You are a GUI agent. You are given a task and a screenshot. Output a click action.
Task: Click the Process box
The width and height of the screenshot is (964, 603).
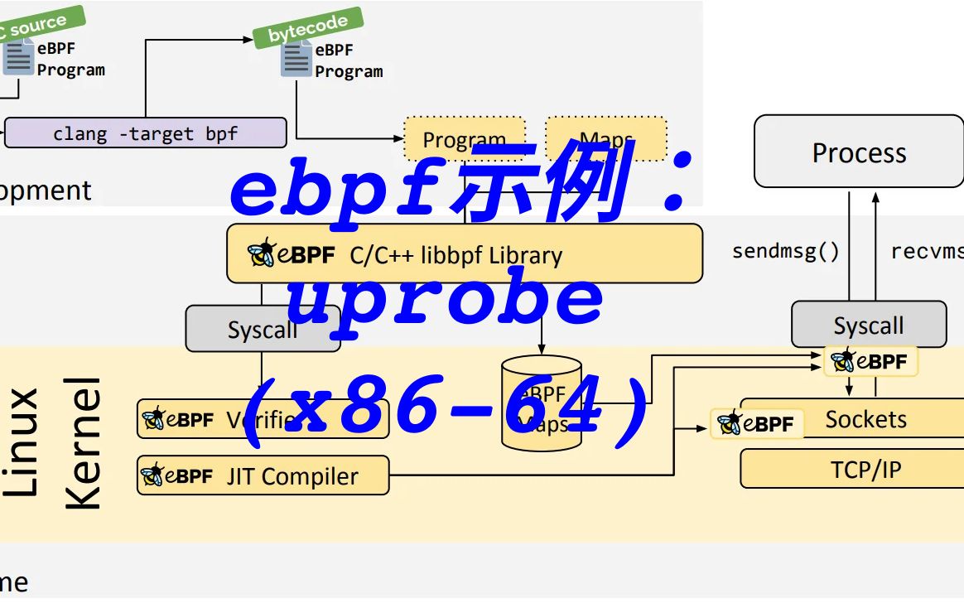coord(859,152)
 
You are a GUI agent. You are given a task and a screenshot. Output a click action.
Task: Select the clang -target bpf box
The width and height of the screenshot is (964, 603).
coord(146,133)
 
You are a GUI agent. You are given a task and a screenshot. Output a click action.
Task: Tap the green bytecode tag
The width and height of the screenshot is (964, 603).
coord(308,27)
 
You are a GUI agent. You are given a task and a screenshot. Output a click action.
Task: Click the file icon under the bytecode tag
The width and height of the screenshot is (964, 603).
coord(296,59)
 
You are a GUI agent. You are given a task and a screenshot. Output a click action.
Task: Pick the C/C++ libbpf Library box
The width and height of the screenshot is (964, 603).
coord(464,254)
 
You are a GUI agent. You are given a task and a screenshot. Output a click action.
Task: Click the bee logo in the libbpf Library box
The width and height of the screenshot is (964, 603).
coord(262,253)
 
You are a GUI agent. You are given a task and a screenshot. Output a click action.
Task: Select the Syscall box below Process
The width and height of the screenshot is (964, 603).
coord(868,325)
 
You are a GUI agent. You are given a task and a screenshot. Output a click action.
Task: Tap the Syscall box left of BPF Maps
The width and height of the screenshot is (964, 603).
coord(262,329)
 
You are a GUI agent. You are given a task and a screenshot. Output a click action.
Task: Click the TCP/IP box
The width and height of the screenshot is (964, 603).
coord(865,470)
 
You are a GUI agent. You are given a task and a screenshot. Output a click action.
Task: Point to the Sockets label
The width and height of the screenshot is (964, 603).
coord(865,419)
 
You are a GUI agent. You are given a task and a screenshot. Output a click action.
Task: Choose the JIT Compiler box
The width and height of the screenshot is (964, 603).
coord(263,476)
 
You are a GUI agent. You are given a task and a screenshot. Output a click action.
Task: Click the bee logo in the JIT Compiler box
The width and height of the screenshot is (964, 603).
coord(153,475)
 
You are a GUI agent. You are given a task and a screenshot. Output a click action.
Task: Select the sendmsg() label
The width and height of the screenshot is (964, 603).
coord(785,251)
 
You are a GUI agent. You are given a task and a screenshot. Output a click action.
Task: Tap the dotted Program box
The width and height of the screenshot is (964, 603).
coord(464,138)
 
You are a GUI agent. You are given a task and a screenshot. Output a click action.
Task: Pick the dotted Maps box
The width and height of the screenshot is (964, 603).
coord(605,137)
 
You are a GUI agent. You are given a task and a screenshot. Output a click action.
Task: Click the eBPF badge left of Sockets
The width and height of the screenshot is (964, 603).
coord(756,424)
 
